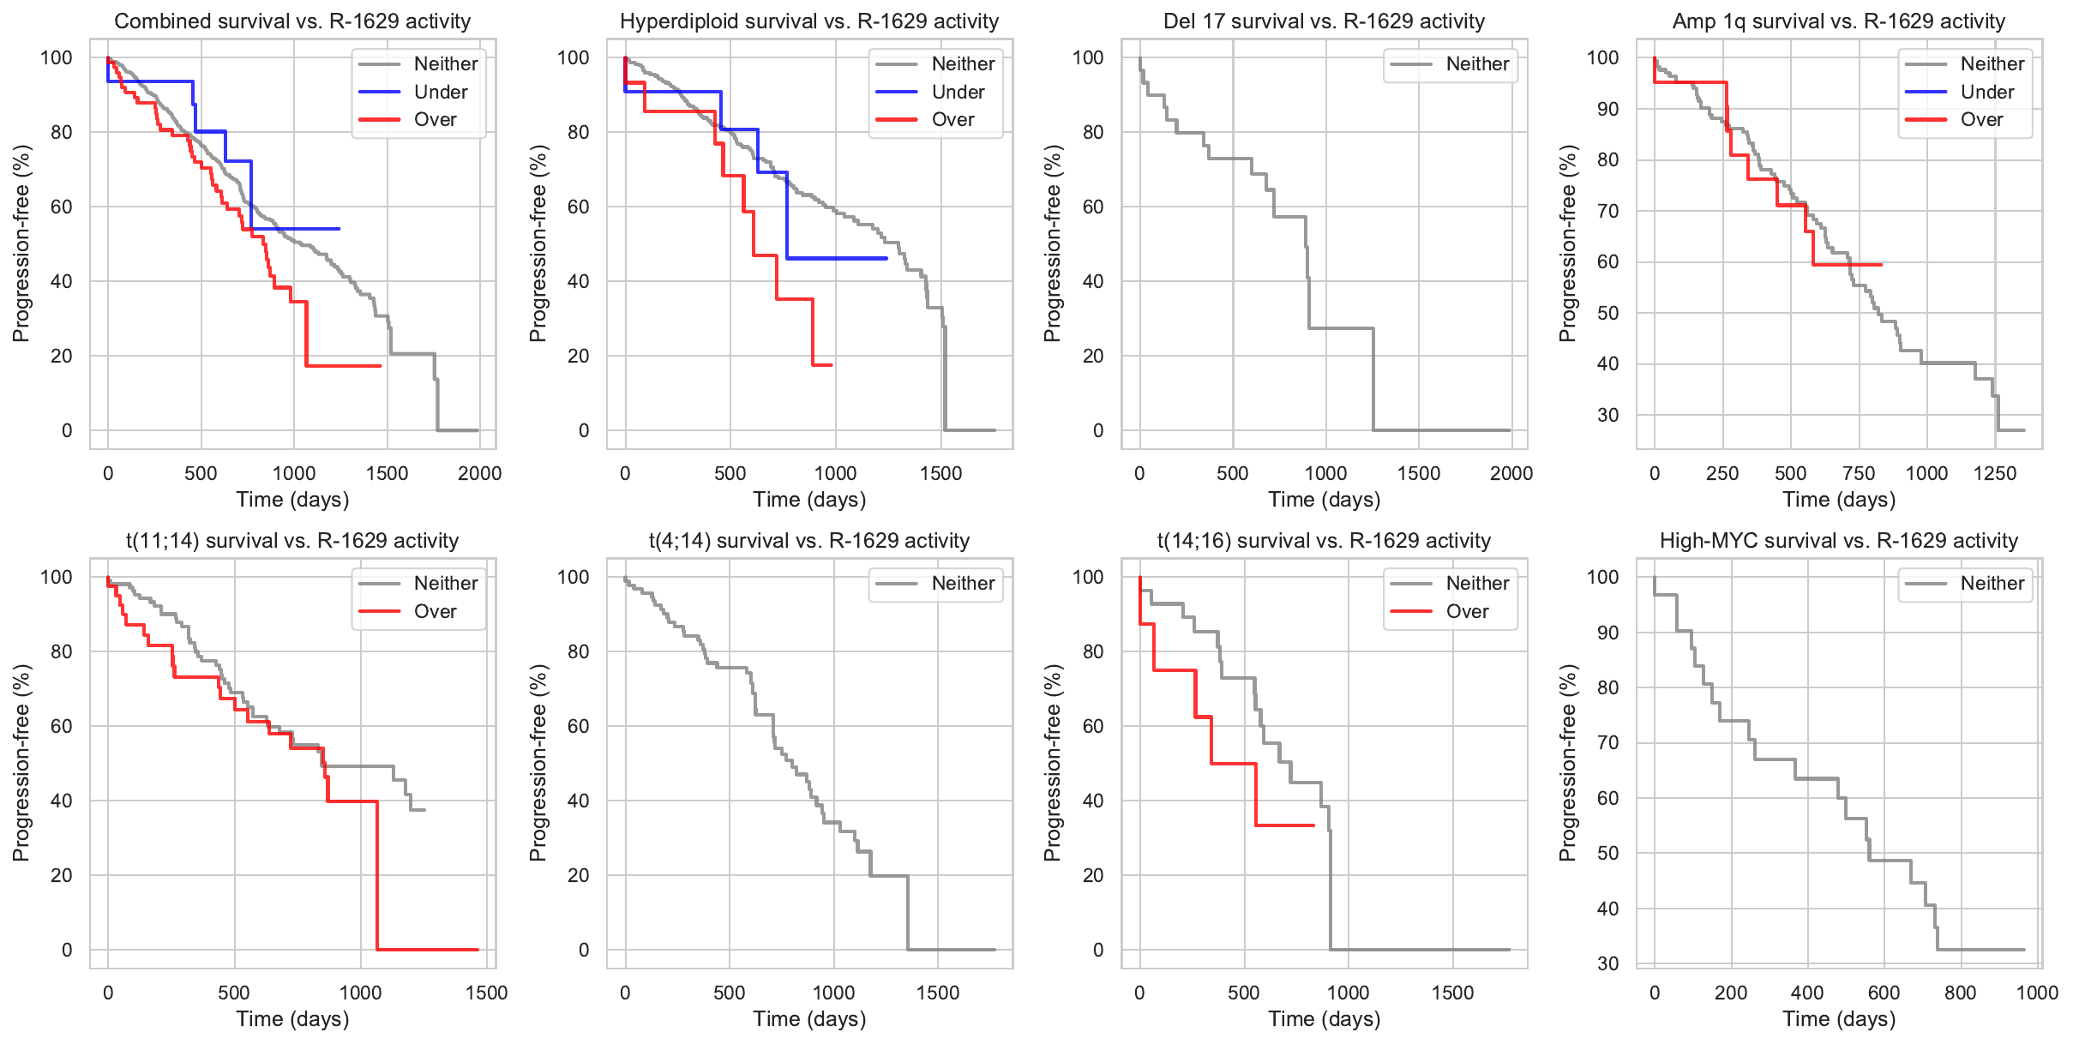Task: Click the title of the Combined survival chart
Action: click(x=292, y=21)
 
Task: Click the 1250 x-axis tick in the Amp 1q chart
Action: click(x=1995, y=473)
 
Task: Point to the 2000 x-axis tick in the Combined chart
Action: click(x=479, y=473)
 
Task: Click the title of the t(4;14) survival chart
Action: click(x=809, y=541)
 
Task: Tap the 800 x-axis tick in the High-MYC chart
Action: click(x=1960, y=993)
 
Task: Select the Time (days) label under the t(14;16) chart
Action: click(x=1325, y=1018)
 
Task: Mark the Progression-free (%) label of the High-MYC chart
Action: click(x=1568, y=763)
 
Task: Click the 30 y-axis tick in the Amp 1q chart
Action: click(x=1607, y=415)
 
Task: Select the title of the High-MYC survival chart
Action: click(x=1839, y=541)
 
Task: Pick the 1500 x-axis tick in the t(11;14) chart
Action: click(x=486, y=993)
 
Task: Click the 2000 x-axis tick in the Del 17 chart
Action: click(x=1511, y=473)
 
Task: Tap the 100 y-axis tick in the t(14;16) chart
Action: click(x=1088, y=577)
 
